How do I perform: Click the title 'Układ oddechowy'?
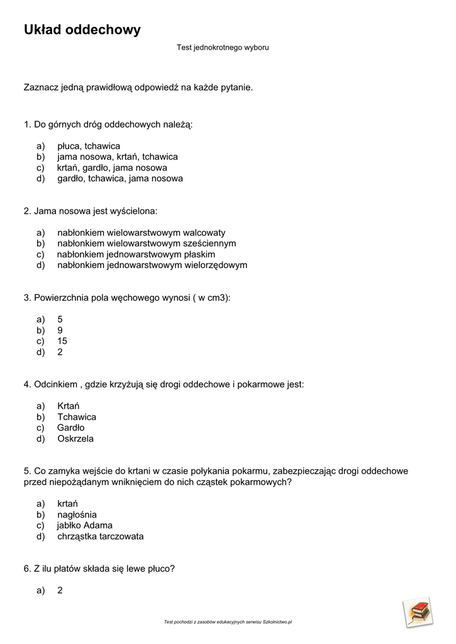[x=82, y=30]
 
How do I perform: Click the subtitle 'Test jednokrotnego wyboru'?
[x=223, y=47]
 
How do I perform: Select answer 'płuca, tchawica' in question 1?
[x=88, y=146]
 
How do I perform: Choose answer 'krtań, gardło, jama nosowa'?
[x=112, y=168]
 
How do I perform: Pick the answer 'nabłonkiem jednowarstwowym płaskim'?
[x=136, y=254]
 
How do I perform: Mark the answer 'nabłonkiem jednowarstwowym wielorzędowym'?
[x=152, y=265]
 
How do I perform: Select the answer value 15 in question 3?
[x=62, y=341]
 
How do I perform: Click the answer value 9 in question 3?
[x=60, y=330]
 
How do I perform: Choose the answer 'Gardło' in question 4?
[x=70, y=428]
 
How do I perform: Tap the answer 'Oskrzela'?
[x=75, y=438]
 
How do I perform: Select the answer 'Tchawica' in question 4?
[x=77, y=417]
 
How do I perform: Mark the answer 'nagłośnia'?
[x=77, y=514]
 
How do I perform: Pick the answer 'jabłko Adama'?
[x=84, y=525]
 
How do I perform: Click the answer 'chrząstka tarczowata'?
[x=101, y=536]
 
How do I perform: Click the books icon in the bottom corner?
[x=418, y=611]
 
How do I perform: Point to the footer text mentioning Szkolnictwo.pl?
[x=228, y=622]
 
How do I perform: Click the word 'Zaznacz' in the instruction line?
[x=40, y=87]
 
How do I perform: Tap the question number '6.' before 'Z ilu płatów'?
[x=28, y=569]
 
